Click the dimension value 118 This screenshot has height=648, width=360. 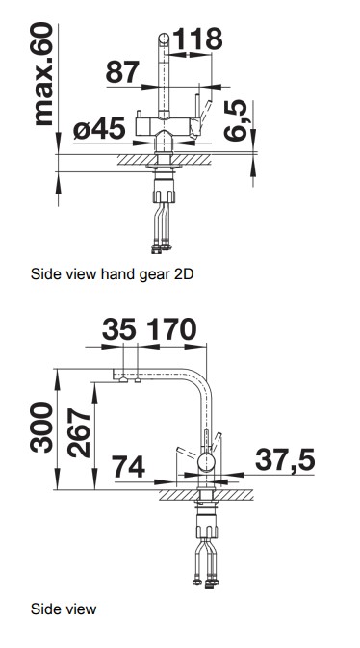[196, 39]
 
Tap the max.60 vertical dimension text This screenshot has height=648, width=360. [43, 73]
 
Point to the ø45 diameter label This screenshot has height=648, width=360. [99, 128]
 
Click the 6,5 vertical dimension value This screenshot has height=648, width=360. [236, 120]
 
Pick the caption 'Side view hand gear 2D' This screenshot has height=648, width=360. [112, 274]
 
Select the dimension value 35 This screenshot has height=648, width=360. [119, 329]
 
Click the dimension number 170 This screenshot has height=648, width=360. [172, 329]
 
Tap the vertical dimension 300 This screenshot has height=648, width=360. [41, 428]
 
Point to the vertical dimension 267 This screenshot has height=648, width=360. [79, 432]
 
